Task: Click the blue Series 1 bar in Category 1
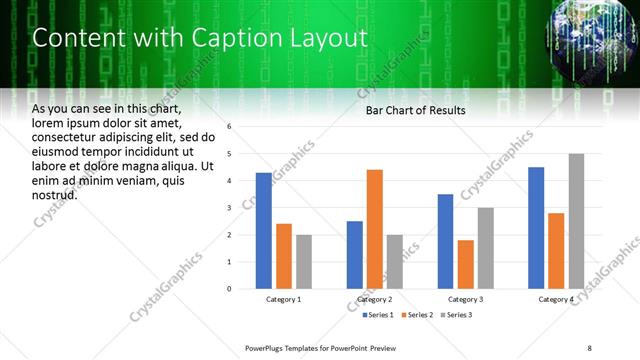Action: click(x=264, y=231)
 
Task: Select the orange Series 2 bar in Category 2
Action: click(x=375, y=229)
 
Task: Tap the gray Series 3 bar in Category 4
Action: click(x=576, y=221)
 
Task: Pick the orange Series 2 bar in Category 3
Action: click(x=465, y=264)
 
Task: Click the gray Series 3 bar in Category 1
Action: click(x=303, y=262)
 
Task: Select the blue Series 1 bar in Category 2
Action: click(x=355, y=255)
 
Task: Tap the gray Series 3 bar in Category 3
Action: click(x=485, y=248)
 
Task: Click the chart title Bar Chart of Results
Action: click(x=415, y=110)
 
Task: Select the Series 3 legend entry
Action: click(x=457, y=315)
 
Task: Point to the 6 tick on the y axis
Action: click(x=230, y=127)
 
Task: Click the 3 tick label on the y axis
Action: click(x=230, y=208)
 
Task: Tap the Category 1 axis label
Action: click(x=284, y=299)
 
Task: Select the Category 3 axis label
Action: click(x=465, y=299)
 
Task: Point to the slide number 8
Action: click(x=589, y=348)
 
